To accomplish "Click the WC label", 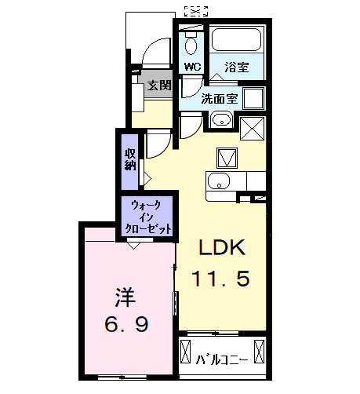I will (x=191, y=67).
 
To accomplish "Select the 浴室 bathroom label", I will (x=238, y=67).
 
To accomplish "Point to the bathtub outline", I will (x=236, y=42).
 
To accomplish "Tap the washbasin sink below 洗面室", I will (x=220, y=120).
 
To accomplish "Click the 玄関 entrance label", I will (x=158, y=86).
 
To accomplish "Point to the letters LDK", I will (x=222, y=248).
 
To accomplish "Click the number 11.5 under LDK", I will (x=222, y=277).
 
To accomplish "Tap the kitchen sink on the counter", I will (x=218, y=183).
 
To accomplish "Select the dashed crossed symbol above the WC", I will (x=195, y=10).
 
